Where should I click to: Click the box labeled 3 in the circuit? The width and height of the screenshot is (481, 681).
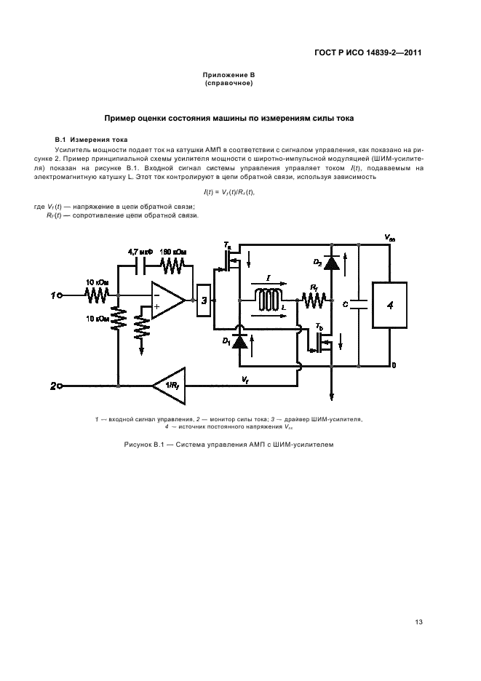click(204, 300)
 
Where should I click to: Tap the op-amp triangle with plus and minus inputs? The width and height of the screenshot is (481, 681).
click(167, 300)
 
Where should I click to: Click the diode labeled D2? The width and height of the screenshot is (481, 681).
click(332, 263)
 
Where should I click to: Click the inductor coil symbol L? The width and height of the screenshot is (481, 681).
click(267, 299)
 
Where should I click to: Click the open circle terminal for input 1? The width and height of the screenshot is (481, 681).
click(61, 295)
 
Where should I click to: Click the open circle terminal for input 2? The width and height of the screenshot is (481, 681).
click(61, 386)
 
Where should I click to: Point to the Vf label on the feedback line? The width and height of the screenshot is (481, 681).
click(245, 378)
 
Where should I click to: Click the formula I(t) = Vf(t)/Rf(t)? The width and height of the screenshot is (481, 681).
click(229, 191)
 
